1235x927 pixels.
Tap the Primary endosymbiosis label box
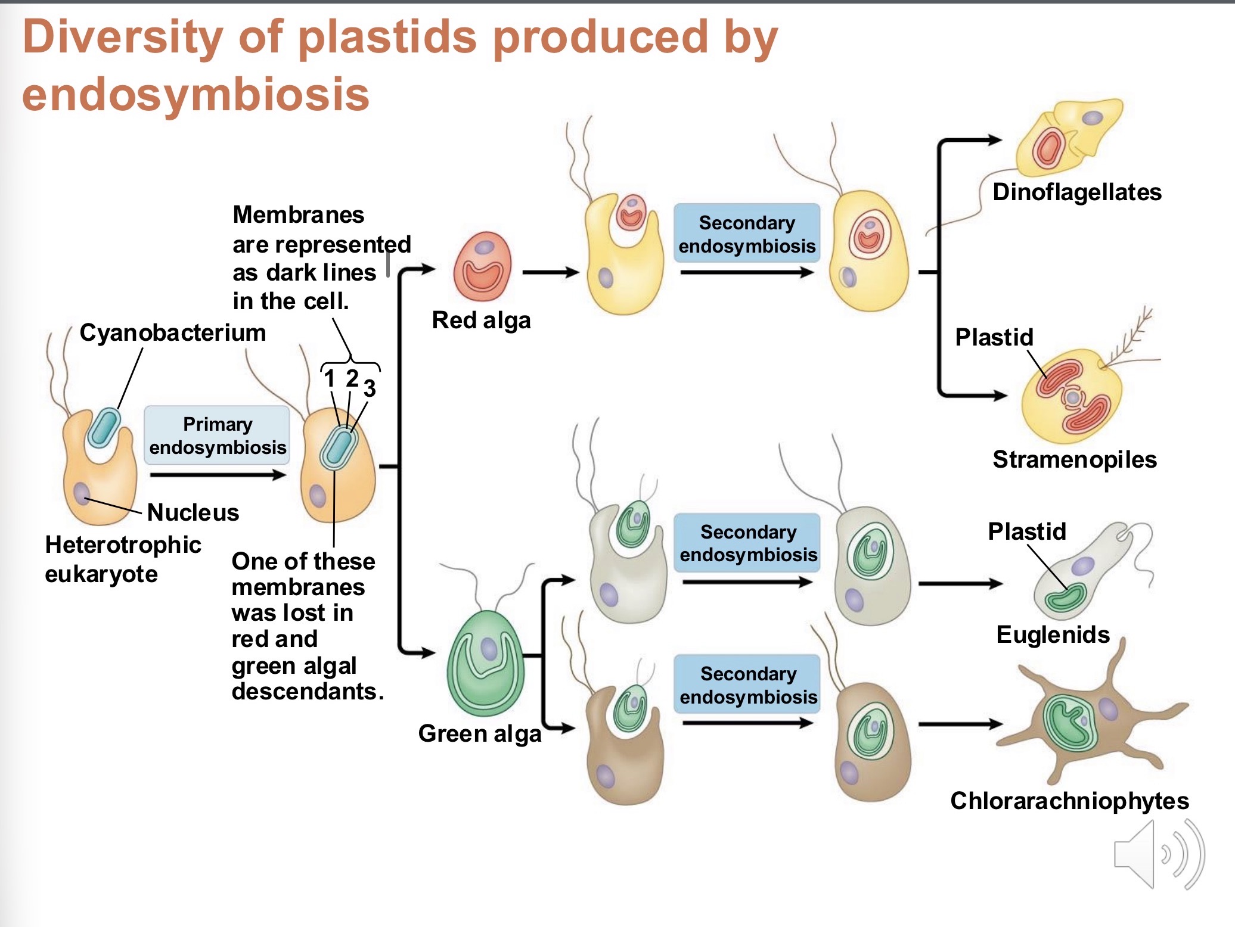pyautogui.click(x=217, y=435)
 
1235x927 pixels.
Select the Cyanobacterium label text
pyautogui.click(x=173, y=332)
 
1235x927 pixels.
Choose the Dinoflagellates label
pyautogui.click(x=1076, y=192)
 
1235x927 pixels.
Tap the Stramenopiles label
pyautogui.click(x=1074, y=459)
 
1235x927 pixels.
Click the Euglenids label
pyautogui.click(x=1053, y=634)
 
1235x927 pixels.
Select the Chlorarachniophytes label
pyautogui.click(x=1069, y=801)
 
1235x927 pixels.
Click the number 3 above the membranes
pyautogui.click(x=370, y=388)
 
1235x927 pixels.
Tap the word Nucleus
pyautogui.click(x=193, y=512)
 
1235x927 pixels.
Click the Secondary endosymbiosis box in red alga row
pyautogui.click(x=747, y=234)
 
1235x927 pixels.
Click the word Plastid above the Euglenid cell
pyautogui.click(x=1026, y=531)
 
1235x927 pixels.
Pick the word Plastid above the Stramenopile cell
pyautogui.click(x=994, y=337)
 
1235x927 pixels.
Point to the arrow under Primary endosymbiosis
pyautogui.click(x=218, y=475)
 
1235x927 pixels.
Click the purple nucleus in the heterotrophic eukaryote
pyautogui.click(x=82, y=493)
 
